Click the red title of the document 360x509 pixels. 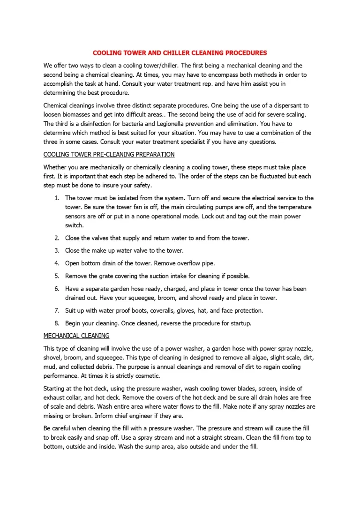[x=180, y=53]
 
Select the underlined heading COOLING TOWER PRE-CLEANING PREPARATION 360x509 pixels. [x=109, y=154]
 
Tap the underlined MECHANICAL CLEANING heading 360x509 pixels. [x=76, y=336]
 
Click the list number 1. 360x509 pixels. [x=56, y=198]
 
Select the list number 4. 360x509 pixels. [x=56, y=263]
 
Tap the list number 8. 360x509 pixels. [x=56, y=323]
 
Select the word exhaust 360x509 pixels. [x=54, y=397]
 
